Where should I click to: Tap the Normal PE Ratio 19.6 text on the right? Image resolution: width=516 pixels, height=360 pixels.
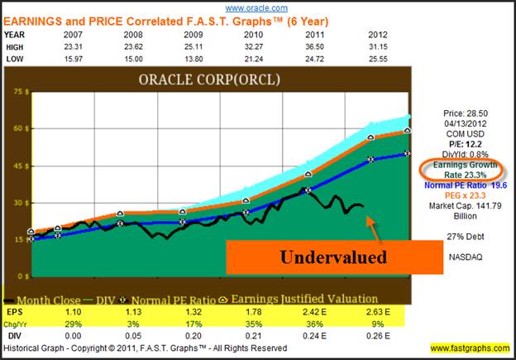(461, 185)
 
